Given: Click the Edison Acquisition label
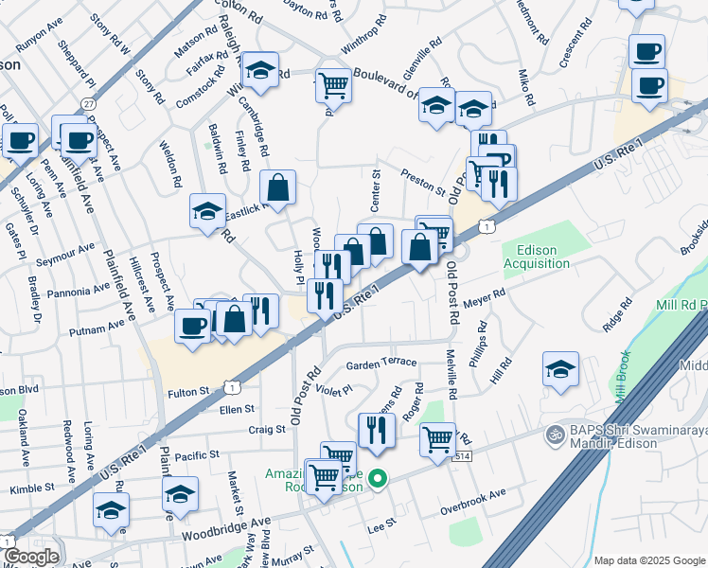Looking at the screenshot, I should (x=537, y=257).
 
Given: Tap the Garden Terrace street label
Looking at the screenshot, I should (x=381, y=364).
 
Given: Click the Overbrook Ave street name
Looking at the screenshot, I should (x=473, y=503).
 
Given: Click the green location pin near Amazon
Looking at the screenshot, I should (x=379, y=479).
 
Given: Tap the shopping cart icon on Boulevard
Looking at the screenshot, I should (x=333, y=85).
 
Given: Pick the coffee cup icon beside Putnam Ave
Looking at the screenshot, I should (x=192, y=327).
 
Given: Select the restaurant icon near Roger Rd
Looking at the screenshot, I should (x=377, y=430).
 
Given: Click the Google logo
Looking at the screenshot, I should (x=31, y=557).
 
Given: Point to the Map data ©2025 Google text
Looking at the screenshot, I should (x=649, y=560).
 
